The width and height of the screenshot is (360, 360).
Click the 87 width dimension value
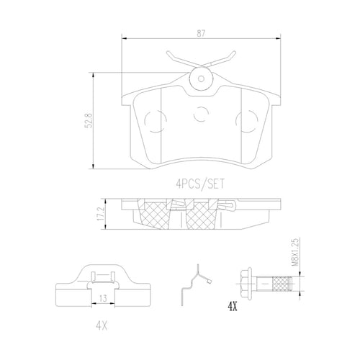201,34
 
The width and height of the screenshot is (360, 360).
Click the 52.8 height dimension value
88,121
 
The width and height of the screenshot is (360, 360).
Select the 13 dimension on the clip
103,299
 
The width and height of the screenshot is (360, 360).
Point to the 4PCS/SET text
200,184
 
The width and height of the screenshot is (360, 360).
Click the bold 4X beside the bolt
232,307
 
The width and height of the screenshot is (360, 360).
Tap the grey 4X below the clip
102,326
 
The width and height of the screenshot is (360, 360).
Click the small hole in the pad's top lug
201,78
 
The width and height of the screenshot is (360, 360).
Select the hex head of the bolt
246,284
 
